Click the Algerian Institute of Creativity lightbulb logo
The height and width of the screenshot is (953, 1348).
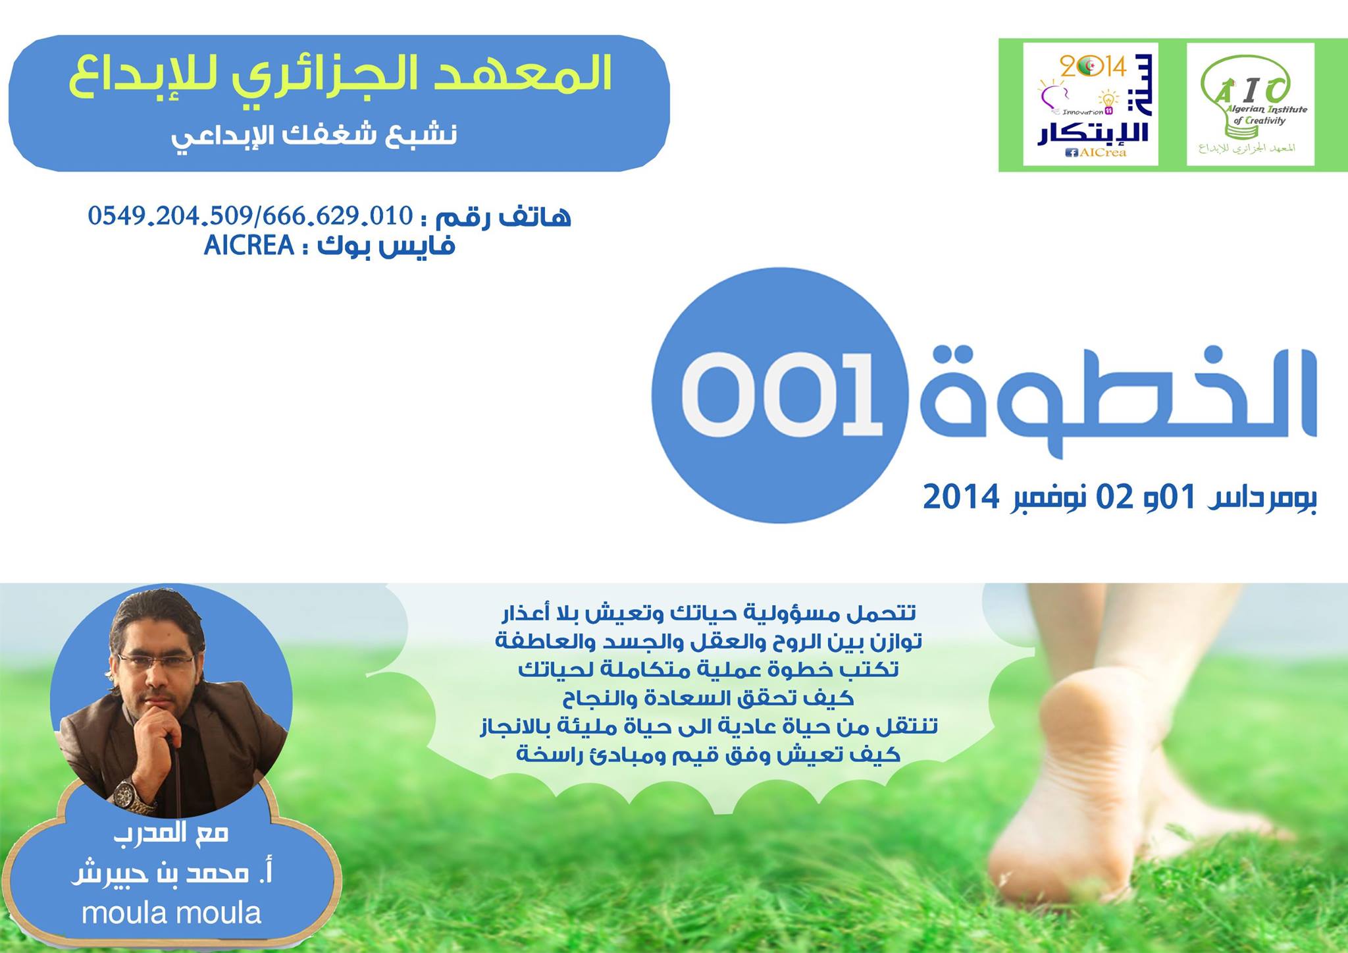point(1250,104)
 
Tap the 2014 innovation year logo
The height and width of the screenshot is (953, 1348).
point(1091,104)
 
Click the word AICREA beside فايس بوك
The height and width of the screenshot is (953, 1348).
point(249,246)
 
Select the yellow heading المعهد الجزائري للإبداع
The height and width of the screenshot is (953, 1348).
point(340,73)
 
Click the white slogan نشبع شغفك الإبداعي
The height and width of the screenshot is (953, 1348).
point(314,136)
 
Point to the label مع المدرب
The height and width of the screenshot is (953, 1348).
point(171,833)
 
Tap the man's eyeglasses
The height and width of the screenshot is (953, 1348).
point(155,661)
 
